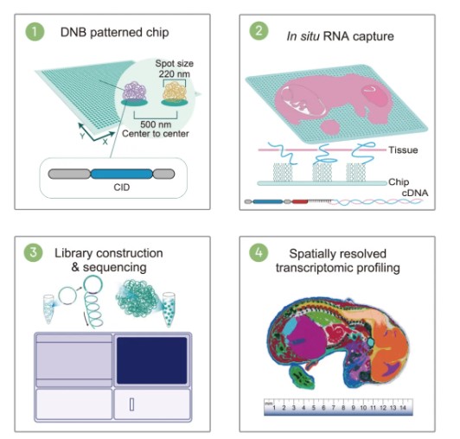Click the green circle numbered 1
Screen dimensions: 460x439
coord(35,31)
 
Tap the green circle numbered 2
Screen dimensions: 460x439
coord(259,31)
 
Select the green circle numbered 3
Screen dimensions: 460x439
coord(33,252)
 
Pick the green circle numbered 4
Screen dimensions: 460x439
coord(259,252)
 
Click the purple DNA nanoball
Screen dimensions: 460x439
coord(135,91)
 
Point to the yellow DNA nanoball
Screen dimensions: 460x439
coord(175,91)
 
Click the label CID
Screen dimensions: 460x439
coord(122,188)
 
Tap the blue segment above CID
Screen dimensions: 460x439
coord(121,174)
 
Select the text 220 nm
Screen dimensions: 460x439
coord(175,73)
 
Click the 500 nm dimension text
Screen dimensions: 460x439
coord(156,124)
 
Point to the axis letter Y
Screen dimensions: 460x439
coord(82,136)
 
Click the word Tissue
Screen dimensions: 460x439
coord(403,150)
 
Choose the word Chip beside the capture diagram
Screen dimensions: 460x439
coord(399,181)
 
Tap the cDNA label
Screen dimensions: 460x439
coord(415,193)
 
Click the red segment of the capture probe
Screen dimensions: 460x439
coord(299,201)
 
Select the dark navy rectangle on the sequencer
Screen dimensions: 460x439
coord(152,360)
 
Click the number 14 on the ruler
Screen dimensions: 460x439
coord(403,408)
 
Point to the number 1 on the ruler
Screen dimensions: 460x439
coord(274,408)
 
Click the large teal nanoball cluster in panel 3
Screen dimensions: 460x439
coord(137,298)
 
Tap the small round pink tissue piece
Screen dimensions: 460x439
coord(330,127)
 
